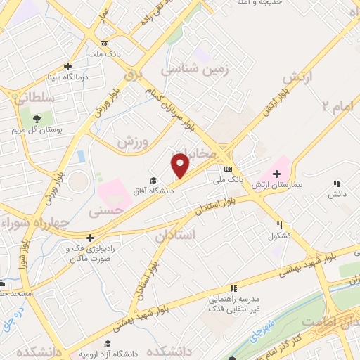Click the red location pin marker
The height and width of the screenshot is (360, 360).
tap(181, 166)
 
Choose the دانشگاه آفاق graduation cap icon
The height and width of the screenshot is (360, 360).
tap(154, 181)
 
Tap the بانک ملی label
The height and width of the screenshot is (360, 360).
tap(229, 180)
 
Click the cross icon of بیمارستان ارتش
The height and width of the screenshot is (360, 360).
tap(276, 174)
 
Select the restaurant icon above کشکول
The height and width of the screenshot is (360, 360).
tap(279, 225)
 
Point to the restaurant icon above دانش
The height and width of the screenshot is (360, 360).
tap(338, 184)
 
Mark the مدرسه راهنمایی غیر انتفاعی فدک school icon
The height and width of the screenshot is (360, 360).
tap(233, 288)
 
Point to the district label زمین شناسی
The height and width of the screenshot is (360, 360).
tap(190, 70)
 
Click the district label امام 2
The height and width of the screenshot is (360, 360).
tap(335, 105)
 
